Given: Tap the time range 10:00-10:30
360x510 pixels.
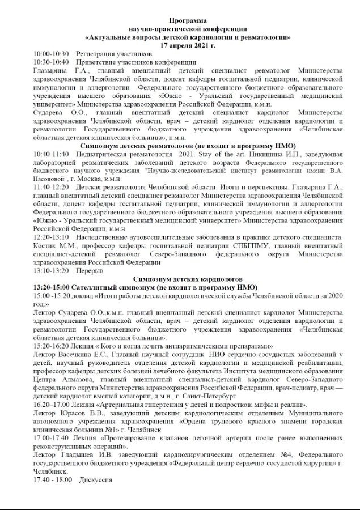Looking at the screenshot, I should click(x=51, y=53).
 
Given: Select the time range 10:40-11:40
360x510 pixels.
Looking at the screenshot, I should click(x=51, y=154).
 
